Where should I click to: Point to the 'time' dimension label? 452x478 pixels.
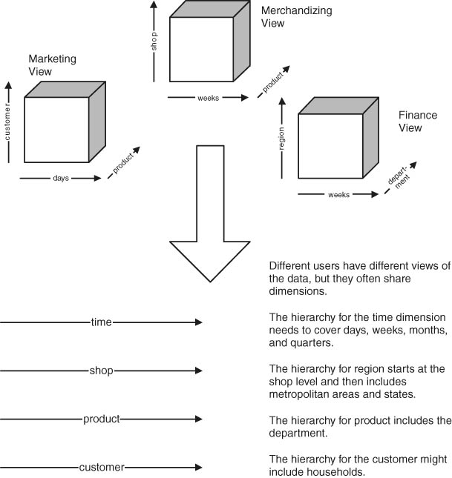pyautogui.click(x=102, y=322)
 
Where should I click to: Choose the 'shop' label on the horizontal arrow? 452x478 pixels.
pyautogui.click(x=101, y=370)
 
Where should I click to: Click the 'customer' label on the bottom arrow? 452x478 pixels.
pyautogui.click(x=101, y=468)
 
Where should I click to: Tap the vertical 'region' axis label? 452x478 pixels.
pyautogui.click(x=282, y=141)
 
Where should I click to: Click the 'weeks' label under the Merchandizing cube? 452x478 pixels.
pyautogui.click(x=208, y=98)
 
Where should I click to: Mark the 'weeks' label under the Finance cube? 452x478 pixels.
pyautogui.click(x=338, y=195)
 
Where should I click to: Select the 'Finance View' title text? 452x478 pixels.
pyautogui.click(x=418, y=122)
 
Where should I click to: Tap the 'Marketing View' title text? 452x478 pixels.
pyautogui.click(x=52, y=64)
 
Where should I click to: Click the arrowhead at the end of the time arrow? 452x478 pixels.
pyautogui.click(x=197, y=322)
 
